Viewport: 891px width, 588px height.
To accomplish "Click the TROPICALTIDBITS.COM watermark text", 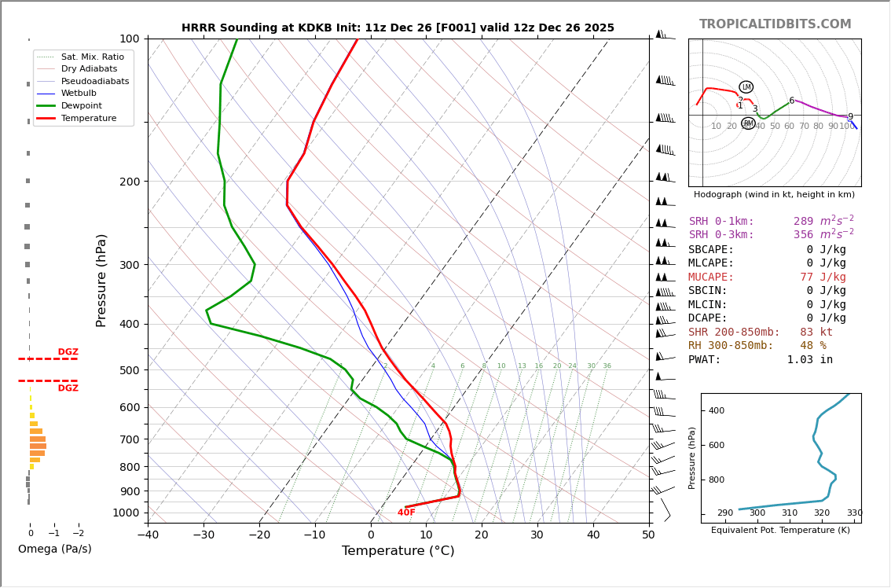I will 775,24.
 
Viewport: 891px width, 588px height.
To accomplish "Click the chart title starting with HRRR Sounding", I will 398,28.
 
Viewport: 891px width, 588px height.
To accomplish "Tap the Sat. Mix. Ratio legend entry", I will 92,57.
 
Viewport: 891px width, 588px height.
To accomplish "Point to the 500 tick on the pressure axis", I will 130,370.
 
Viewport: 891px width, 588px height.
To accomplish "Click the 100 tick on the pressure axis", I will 130,39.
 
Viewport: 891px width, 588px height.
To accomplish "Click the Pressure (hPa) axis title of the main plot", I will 101,280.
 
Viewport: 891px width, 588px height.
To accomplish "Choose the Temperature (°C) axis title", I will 398,551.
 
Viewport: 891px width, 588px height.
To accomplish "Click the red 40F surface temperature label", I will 406,513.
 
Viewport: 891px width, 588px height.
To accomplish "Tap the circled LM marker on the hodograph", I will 746,87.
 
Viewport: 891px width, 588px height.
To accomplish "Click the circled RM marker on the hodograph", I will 748,123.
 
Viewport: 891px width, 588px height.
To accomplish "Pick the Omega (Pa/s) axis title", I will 55,549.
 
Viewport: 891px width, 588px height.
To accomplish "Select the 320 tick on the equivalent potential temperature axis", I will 822,513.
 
